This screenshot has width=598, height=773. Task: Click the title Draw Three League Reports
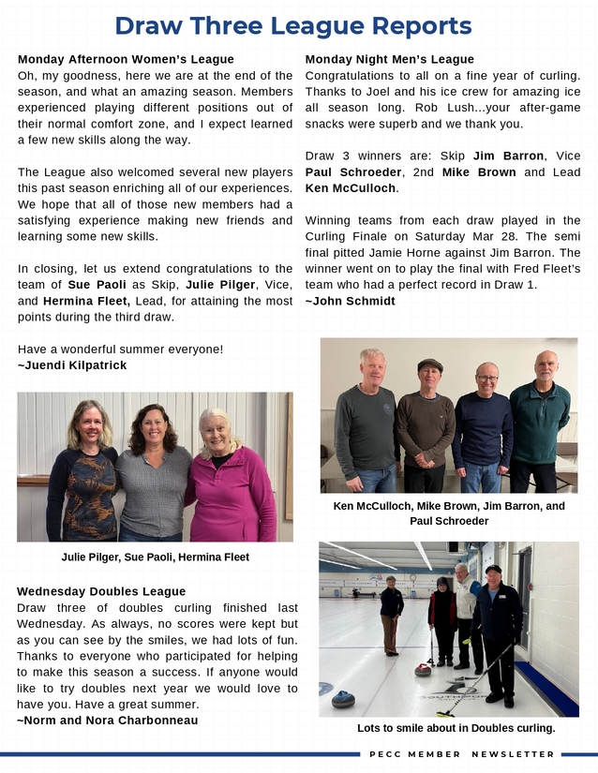coord(292,25)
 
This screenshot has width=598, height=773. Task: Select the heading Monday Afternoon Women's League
coord(126,60)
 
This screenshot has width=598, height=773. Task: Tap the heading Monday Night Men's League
coord(390,60)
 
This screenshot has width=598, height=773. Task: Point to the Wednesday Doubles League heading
coord(101,591)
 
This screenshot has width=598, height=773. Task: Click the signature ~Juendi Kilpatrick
coord(72,365)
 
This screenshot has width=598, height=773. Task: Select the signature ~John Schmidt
coord(351,302)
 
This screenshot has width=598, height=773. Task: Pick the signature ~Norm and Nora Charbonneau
coord(108,721)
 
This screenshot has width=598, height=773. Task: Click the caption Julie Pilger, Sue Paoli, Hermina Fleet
coord(155,557)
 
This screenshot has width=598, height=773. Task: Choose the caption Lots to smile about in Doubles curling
coord(456,728)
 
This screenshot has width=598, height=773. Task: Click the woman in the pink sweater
coord(231,478)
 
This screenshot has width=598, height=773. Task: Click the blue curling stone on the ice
coord(343,698)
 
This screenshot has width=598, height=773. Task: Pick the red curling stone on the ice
coord(423,669)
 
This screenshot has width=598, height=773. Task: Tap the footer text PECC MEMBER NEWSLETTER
coord(462,754)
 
